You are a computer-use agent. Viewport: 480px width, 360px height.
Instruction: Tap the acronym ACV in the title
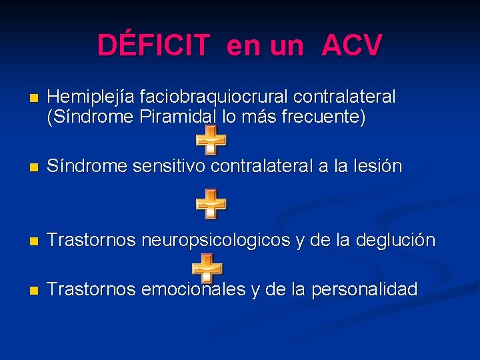point(351,45)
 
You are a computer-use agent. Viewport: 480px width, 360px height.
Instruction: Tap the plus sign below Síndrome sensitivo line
point(211,203)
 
